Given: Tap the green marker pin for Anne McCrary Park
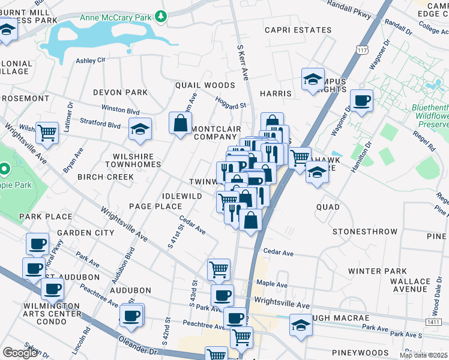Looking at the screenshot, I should pyautogui.click(x=160, y=16).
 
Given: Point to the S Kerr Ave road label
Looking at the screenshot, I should pyautogui.click(x=243, y=62).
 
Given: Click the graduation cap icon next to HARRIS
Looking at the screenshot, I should pyautogui.click(x=313, y=80).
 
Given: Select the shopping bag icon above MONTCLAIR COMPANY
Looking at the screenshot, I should pyautogui.click(x=181, y=124).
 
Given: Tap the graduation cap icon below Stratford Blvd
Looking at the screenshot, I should pyautogui.click(x=140, y=130).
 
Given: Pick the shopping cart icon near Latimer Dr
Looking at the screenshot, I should pyautogui.click(x=47, y=133).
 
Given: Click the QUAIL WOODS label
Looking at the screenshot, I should pyautogui.click(x=205, y=85).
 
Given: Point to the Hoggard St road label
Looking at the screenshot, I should pyautogui.click(x=231, y=103).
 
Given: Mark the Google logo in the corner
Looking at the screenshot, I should pyautogui.click(x=20, y=353).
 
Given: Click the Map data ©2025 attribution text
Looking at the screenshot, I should pyautogui.click(x=423, y=355).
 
